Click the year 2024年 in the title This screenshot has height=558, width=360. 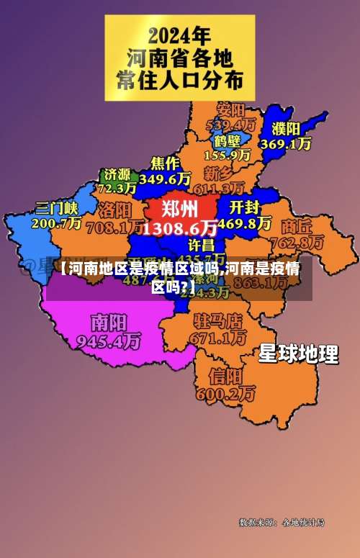point(179,35)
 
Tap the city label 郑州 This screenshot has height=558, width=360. point(180,210)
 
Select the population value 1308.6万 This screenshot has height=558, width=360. point(180,228)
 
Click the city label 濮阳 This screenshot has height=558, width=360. point(286,129)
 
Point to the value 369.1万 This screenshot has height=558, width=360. point(286,144)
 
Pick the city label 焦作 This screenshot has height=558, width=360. point(165,162)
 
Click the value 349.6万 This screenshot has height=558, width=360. point(165,177)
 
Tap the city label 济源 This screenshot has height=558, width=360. point(117,174)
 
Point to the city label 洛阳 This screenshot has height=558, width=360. point(114,210)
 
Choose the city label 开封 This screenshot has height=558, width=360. point(245,207)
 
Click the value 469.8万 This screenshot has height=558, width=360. point(245,223)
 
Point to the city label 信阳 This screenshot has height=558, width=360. point(225,377)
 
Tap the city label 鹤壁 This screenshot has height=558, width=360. point(227,140)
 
